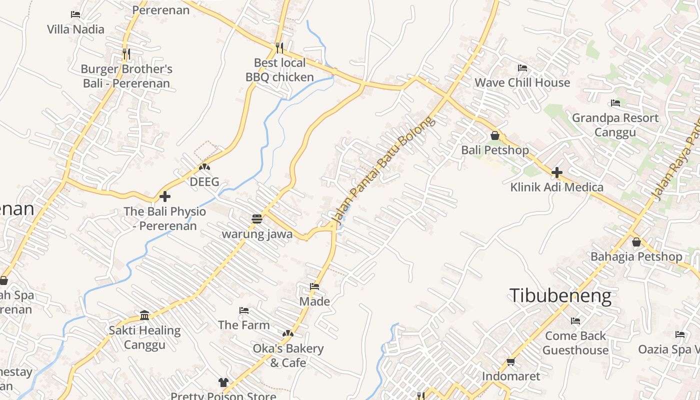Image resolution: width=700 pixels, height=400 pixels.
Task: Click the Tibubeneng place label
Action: click(x=560, y=296)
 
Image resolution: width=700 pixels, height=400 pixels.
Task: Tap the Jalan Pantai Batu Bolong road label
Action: click(x=383, y=169)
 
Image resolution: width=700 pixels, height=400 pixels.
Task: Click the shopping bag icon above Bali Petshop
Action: click(x=494, y=135)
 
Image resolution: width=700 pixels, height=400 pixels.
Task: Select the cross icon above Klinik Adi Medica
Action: click(x=556, y=172)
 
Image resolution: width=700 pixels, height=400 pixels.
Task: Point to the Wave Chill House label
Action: click(x=522, y=82)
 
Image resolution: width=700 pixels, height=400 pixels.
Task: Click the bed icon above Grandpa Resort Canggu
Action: click(x=615, y=103)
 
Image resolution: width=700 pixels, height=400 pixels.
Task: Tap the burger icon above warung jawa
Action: click(x=257, y=219)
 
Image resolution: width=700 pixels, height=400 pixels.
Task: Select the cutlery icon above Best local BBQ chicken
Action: click(x=279, y=48)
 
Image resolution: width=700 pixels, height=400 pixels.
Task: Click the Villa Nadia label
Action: click(x=75, y=29)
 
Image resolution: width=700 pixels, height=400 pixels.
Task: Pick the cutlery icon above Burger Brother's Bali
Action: click(x=126, y=54)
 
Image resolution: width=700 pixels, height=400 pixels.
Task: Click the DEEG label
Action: click(x=204, y=181)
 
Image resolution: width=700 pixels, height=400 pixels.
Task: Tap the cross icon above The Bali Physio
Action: click(x=164, y=196)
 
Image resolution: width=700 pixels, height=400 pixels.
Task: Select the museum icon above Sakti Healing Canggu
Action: click(x=144, y=315)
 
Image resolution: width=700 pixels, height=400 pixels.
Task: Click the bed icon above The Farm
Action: click(x=243, y=310)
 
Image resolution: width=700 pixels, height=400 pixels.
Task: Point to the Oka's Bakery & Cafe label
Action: click(x=288, y=355)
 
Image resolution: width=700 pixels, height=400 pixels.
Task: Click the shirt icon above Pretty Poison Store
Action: click(x=223, y=382)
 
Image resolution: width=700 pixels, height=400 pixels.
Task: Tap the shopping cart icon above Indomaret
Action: click(x=510, y=361)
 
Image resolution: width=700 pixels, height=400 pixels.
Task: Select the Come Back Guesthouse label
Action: click(x=575, y=343)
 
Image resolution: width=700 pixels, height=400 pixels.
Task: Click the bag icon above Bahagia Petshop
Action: click(x=636, y=242)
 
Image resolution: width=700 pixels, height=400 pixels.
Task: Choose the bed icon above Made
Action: click(x=314, y=286)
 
